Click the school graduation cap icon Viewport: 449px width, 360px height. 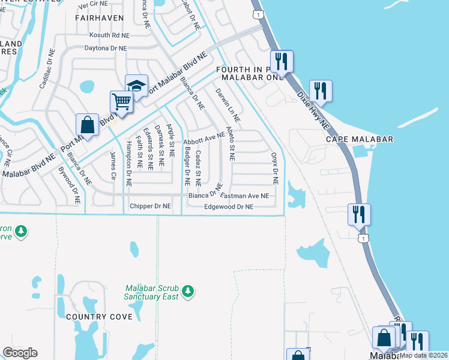pyautogui.click(x=136, y=85)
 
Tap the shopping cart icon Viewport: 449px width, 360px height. pyautogui.click(x=121, y=101)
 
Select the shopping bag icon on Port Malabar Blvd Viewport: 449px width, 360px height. pyautogui.click(x=87, y=125)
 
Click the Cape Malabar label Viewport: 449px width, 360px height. pyautogui.click(x=360, y=139)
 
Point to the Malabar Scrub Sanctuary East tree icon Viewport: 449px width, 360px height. pyautogui.click(x=188, y=291)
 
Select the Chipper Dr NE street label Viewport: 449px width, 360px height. pyautogui.click(x=151, y=206)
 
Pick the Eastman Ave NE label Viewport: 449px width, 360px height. pyautogui.click(x=245, y=196)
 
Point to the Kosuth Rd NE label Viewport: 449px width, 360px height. pyautogui.click(x=109, y=36)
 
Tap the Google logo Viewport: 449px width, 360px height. pyautogui.click(x=20, y=353)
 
